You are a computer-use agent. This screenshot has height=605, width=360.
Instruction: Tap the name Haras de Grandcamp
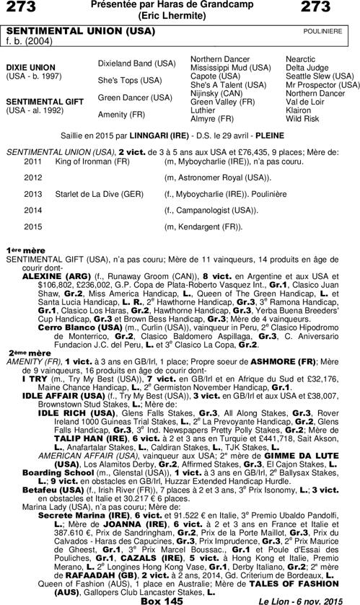coord(201,6)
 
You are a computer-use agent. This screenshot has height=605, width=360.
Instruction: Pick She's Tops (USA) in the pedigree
coord(130,80)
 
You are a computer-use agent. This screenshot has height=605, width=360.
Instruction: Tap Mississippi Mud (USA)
coord(230,67)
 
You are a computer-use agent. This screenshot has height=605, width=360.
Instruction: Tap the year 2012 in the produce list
coord(33,177)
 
